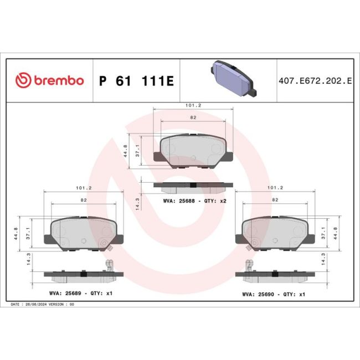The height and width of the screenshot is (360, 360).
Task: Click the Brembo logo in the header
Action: coord(49,81)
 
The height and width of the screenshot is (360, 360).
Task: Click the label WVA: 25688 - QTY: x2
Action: coord(194,201)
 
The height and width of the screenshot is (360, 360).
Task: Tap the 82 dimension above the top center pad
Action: coord(193,118)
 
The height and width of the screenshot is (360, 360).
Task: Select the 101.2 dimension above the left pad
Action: coord(84,188)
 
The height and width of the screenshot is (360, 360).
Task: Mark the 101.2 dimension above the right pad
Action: coord(275,188)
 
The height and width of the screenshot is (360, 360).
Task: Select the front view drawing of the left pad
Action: coord(83,233)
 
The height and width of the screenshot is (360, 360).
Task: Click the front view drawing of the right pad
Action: coord(275,233)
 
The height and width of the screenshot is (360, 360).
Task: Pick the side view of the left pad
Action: coord(83,273)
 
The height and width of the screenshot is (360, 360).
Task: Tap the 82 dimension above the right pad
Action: coord(275,199)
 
